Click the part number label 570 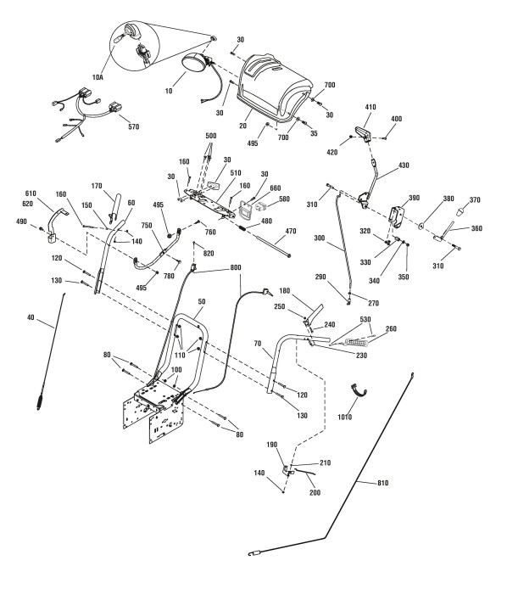134,127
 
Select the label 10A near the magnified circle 97,77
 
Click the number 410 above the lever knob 370,107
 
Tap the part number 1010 345,417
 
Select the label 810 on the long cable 383,483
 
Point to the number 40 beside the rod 31,317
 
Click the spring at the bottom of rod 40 40,401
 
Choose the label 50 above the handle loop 202,301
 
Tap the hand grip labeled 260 354,344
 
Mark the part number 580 284,199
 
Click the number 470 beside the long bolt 291,231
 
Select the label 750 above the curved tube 147,226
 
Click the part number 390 415,198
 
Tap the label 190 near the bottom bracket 271,445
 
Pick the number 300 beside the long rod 320,238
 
